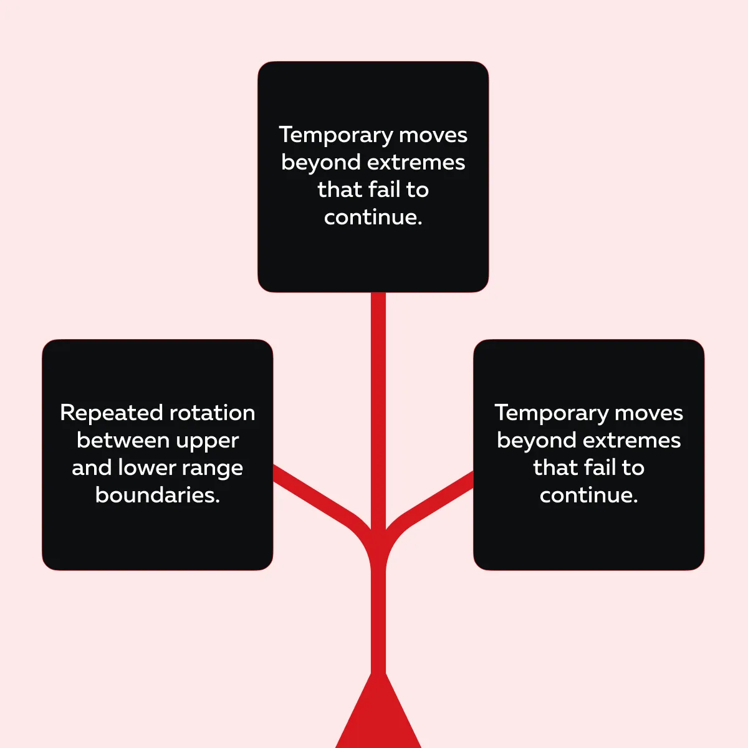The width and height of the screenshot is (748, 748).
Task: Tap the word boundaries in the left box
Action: pos(157,495)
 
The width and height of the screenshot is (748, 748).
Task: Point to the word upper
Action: pos(207,441)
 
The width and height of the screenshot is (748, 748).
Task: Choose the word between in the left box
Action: pos(114,440)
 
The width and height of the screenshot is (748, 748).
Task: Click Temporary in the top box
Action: pos(335,135)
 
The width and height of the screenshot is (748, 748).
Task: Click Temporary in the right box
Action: pos(551,413)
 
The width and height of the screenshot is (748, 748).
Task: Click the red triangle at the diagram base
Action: pos(378,717)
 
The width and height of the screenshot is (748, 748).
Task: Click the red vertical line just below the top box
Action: pos(378,324)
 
